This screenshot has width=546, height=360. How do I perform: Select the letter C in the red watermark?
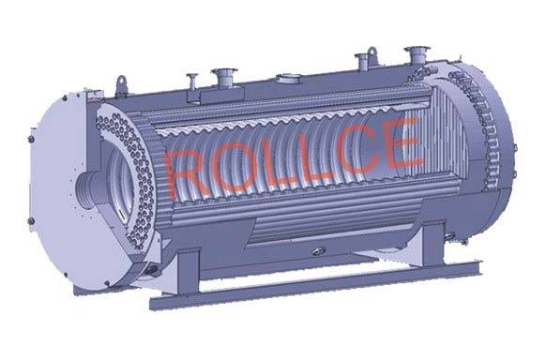pos(356,150)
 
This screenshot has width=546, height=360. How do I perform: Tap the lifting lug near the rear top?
pos(372,55)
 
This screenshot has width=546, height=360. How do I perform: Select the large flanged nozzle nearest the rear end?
pos(417,54)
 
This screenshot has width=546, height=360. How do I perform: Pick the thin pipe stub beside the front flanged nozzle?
pos(192,82)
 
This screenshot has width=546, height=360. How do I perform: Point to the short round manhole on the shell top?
pos(288,79)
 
